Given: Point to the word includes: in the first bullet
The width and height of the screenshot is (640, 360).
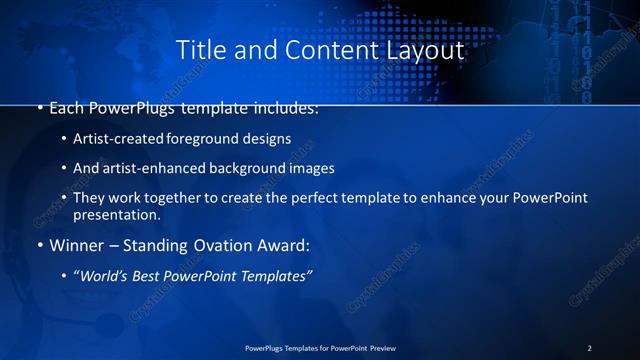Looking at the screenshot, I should pos(284,107).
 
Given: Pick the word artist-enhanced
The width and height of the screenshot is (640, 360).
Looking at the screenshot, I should pos(156,168).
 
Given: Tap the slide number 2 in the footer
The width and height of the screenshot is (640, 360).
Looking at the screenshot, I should pos(589,348).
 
